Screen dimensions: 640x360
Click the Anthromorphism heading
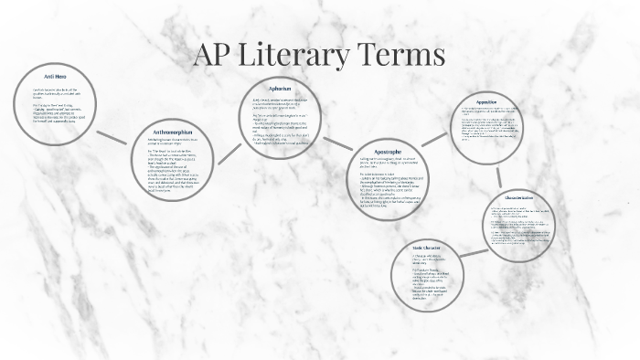click(x=173, y=131)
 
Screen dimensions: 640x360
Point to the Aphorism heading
click(x=279, y=89)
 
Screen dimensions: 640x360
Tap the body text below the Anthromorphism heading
click(x=173, y=164)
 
